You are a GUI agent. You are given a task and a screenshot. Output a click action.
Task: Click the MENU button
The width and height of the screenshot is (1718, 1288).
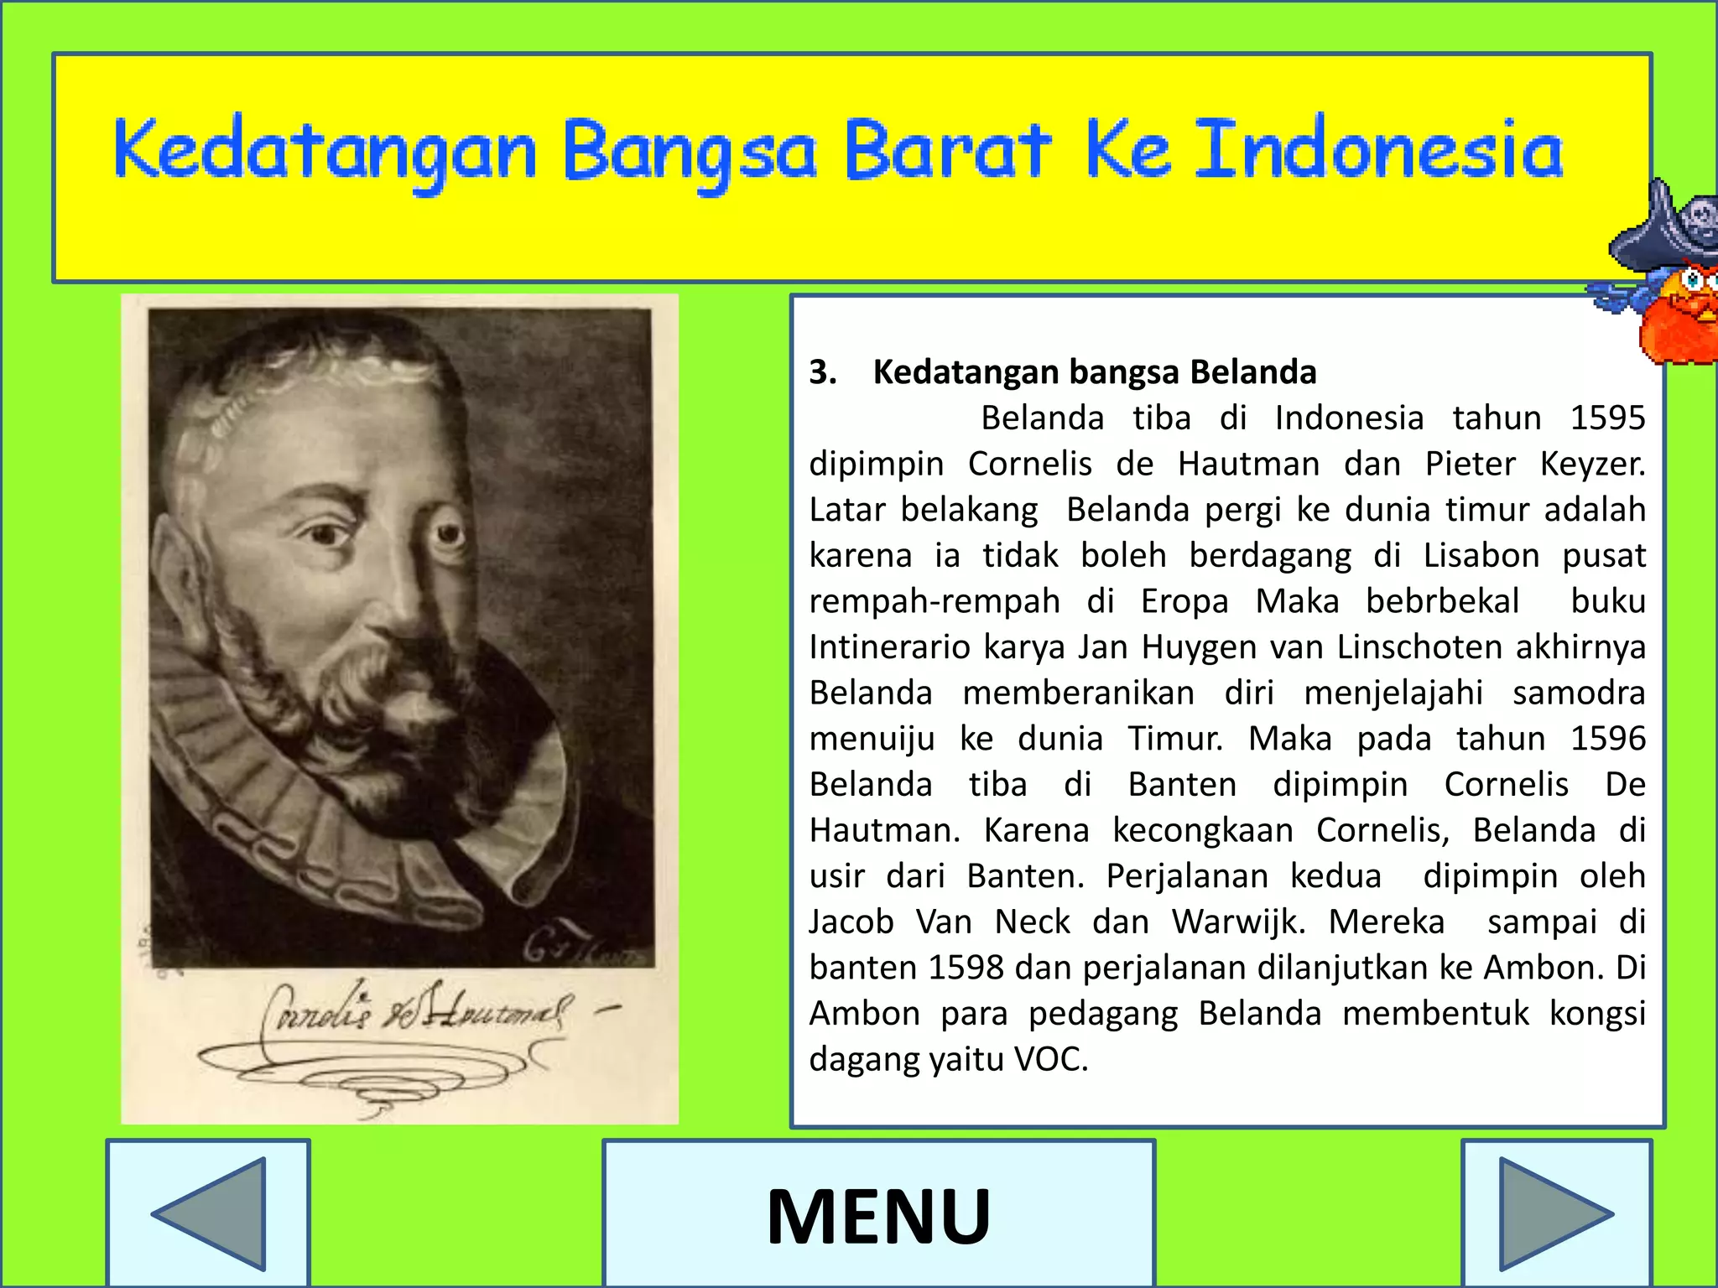point(878,1214)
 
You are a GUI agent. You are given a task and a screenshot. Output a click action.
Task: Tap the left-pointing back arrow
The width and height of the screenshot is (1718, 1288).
point(210,1214)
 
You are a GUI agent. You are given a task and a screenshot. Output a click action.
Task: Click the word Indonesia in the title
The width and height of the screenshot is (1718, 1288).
point(1378,151)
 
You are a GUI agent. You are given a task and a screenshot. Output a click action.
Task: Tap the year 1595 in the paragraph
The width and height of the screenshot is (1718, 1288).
point(1607,418)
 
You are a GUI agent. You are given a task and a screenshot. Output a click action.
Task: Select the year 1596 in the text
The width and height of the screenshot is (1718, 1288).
point(1607,739)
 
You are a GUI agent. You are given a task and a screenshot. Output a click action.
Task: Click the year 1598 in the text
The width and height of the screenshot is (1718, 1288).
point(966,968)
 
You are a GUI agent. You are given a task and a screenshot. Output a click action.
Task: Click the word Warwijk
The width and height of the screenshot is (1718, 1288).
point(1238,922)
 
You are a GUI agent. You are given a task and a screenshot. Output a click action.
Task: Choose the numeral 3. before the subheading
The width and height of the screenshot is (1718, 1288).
point(823,372)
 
